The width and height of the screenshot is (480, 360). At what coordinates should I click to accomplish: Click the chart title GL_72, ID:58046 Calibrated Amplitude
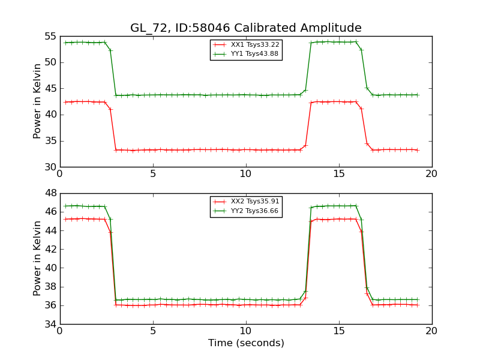click(x=246, y=28)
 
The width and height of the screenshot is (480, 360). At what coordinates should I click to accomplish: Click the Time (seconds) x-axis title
click(x=246, y=343)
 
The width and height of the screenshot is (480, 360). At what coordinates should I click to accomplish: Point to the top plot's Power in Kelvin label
click(x=38, y=101)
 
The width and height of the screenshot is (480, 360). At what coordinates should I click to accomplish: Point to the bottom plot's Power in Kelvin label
click(x=38, y=258)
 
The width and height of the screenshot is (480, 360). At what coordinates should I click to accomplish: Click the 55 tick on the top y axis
click(x=50, y=37)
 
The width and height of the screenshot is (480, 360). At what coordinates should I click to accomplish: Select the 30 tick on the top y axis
click(x=50, y=167)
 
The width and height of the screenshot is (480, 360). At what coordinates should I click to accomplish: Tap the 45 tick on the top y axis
click(x=50, y=89)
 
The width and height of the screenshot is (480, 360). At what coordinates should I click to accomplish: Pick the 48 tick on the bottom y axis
click(x=50, y=193)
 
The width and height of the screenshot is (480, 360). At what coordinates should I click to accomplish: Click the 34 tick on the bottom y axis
click(x=50, y=325)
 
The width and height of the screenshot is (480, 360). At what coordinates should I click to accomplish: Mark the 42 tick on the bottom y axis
click(x=50, y=250)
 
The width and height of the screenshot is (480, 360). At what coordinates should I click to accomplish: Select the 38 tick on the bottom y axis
click(x=50, y=287)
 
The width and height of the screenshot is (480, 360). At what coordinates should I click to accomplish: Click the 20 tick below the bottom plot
click(x=431, y=331)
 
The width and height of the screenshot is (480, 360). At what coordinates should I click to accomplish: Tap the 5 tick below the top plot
click(x=152, y=174)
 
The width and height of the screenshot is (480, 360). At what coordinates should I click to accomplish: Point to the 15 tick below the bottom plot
click(x=338, y=331)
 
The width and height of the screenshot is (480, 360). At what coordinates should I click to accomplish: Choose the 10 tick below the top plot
click(x=245, y=174)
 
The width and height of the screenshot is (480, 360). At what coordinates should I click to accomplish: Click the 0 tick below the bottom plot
click(x=59, y=331)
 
